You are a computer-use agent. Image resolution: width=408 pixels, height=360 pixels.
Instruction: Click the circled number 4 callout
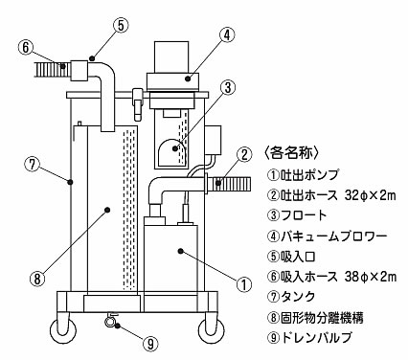click(226, 35)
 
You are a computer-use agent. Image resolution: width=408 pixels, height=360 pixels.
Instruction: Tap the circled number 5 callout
click(121, 26)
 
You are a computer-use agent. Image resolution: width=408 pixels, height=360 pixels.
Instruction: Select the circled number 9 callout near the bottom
click(150, 344)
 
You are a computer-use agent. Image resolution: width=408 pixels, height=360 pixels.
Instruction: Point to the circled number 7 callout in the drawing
click(33, 165)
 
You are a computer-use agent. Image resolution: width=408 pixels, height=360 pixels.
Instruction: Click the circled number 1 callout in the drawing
click(244, 284)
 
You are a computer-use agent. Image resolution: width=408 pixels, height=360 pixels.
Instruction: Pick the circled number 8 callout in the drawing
click(38, 280)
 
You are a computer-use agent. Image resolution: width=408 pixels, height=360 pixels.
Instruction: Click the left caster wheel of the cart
click(64, 327)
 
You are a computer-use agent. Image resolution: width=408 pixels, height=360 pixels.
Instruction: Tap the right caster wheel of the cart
click(211, 327)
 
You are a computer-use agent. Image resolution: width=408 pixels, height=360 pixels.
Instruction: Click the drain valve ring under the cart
click(109, 322)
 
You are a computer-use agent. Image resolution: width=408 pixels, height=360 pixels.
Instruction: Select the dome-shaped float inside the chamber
click(172, 152)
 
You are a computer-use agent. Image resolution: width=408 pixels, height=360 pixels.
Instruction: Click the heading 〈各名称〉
click(290, 153)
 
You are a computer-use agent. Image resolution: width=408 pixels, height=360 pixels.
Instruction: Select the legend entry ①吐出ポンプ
click(302, 174)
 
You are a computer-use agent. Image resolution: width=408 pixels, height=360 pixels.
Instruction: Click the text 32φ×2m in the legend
click(371, 194)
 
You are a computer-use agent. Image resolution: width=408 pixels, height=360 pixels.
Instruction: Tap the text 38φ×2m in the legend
click(371, 277)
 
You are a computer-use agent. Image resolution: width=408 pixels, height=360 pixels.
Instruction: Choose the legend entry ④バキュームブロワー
click(327, 236)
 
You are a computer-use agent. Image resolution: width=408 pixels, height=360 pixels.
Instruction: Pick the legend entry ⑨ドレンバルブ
click(309, 337)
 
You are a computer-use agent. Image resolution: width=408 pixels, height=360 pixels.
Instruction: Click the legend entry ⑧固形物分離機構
click(315, 317)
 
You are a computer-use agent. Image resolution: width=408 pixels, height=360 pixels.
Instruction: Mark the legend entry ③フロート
click(297, 215)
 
